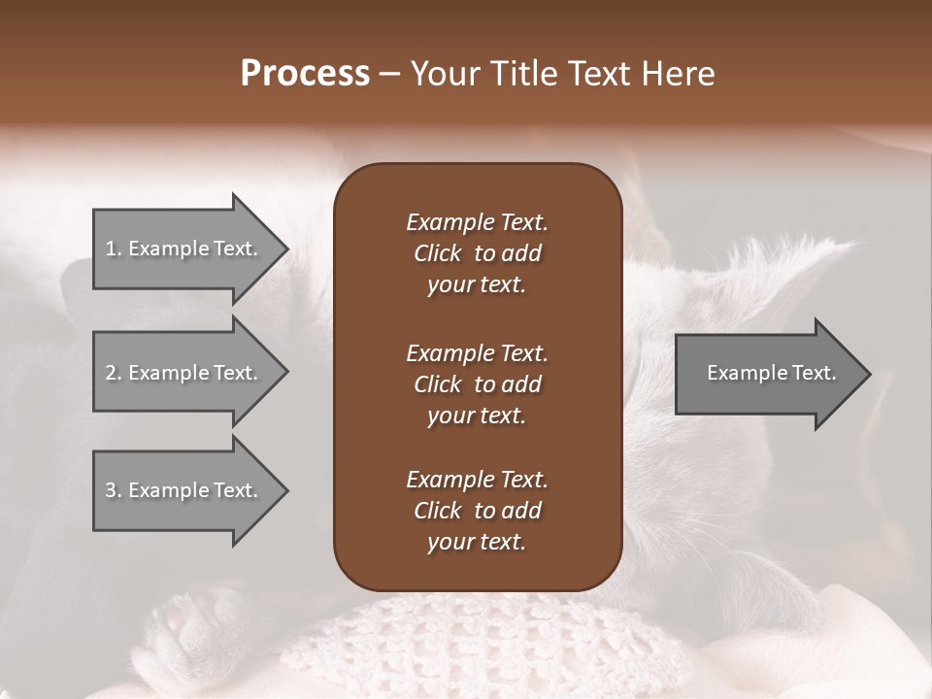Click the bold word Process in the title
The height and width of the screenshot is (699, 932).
[x=305, y=74]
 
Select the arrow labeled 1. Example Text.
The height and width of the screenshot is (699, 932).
[x=184, y=249]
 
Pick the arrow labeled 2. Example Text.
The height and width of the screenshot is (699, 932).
[x=184, y=373]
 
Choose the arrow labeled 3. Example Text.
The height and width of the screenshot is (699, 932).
[x=184, y=490]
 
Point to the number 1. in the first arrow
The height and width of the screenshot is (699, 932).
[x=113, y=249]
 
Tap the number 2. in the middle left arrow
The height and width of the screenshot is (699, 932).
[x=113, y=373]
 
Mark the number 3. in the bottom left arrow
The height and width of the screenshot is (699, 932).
[x=113, y=490]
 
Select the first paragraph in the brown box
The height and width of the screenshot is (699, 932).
[x=477, y=253]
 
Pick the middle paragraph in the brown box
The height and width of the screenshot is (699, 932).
[x=477, y=383]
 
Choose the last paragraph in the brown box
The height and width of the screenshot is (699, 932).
[x=477, y=511]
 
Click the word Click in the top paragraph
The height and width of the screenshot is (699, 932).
[x=437, y=253]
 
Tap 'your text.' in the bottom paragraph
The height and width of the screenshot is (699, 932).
[x=477, y=542]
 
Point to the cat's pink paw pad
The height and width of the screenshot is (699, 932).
[x=181, y=617]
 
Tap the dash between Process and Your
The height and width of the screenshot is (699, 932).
[x=389, y=75]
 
